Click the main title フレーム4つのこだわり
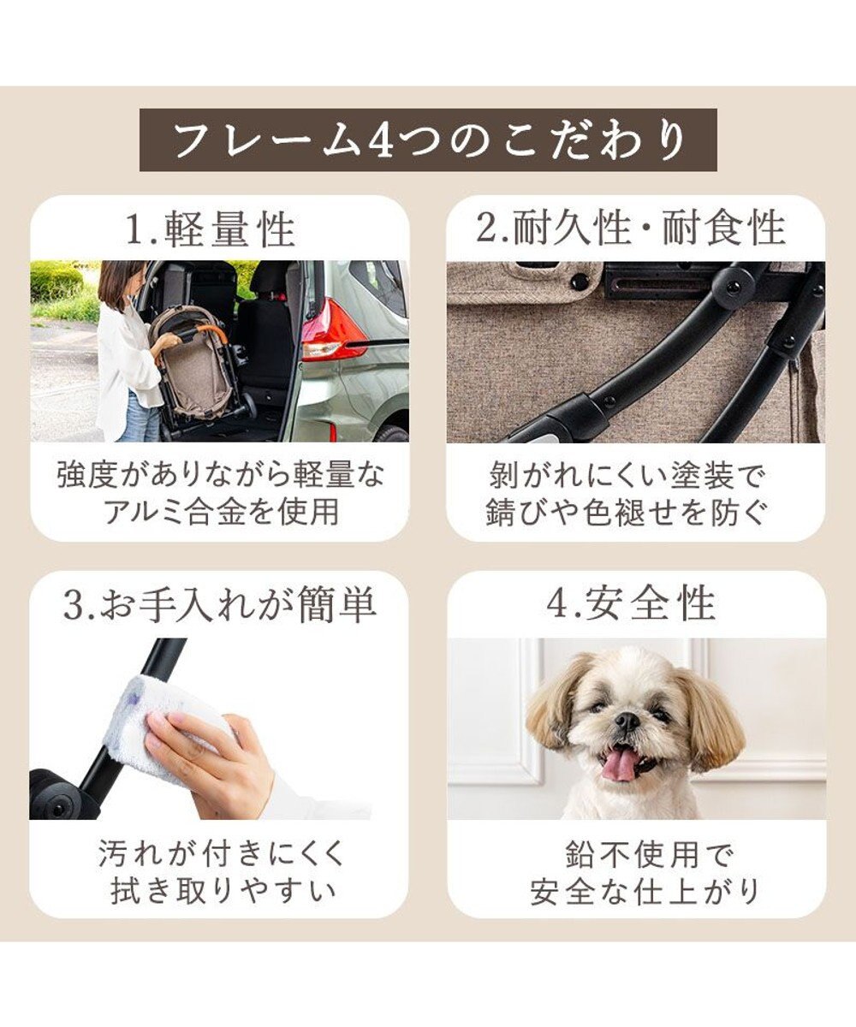[x=428, y=140]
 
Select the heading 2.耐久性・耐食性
[x=632, y=229]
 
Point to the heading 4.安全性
[x=632, y=605]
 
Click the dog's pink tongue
[x=621, y=763]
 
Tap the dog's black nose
[x=627, y=721]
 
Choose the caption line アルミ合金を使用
[x=221, y=512]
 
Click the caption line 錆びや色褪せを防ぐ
[x=632, y=512]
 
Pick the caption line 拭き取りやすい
[x=221, y=891]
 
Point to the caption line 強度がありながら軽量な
[x=221, y=474]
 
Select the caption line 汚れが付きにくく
[x=221, y=853]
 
